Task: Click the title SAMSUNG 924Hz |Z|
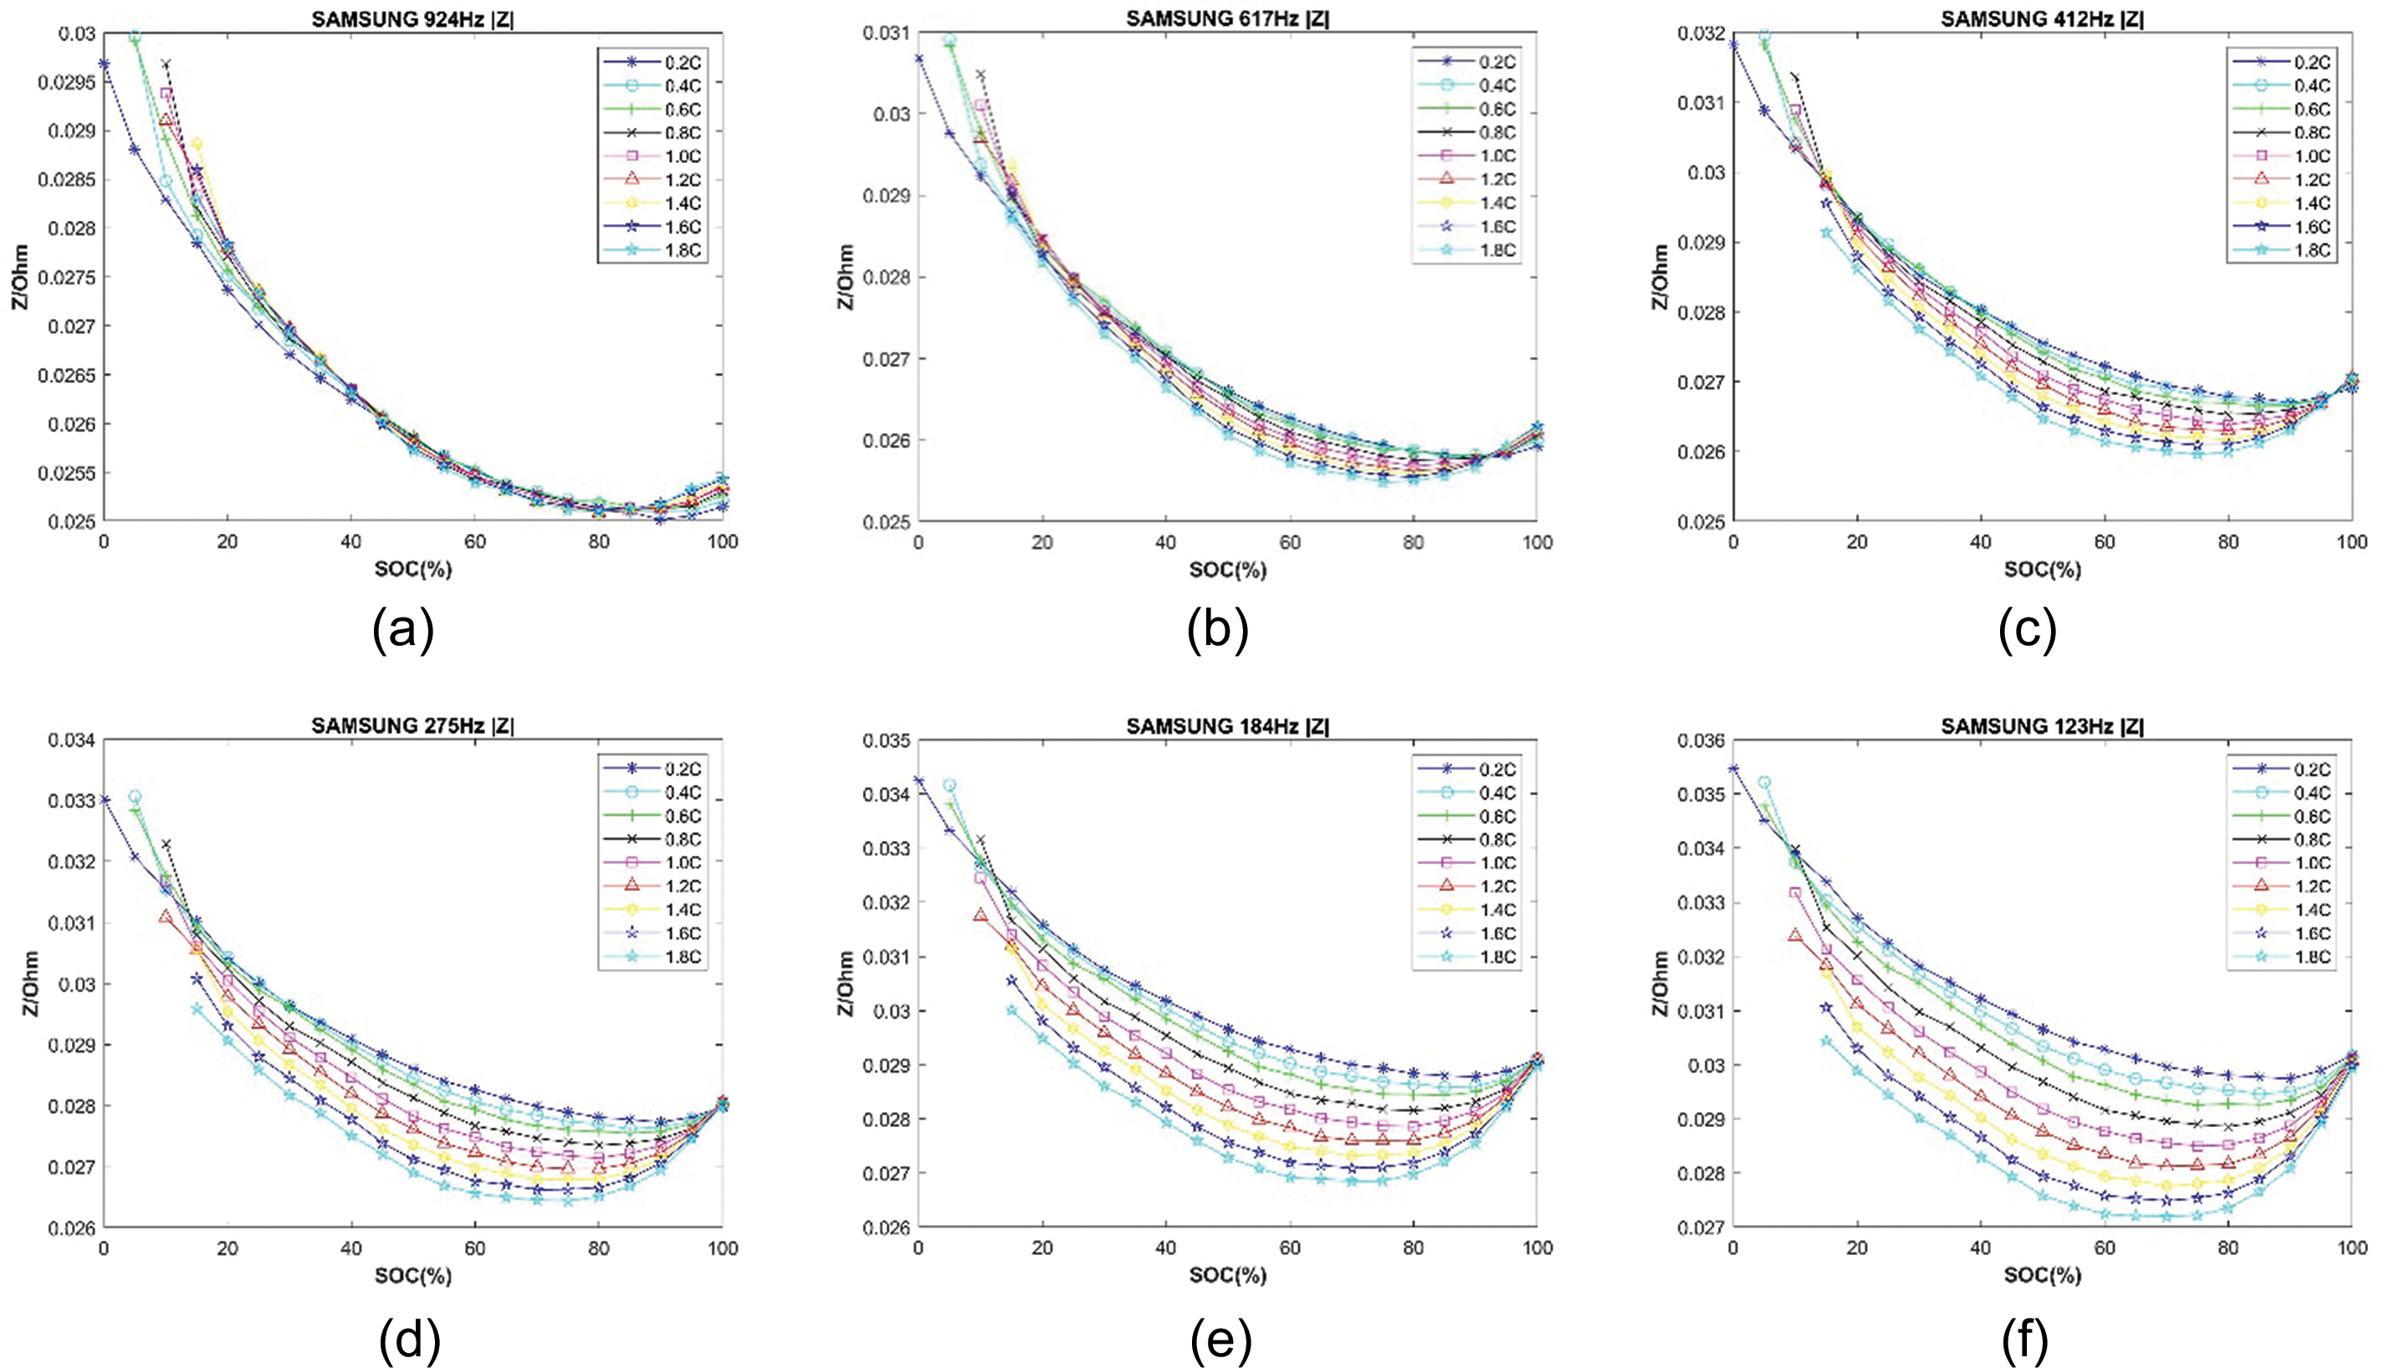click(x=412, y=17)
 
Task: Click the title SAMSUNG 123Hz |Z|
click(x=2041, y=725)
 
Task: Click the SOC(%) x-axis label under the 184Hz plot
click(x=1227, y=1276)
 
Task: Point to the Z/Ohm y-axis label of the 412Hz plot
click(x=1660, y=277)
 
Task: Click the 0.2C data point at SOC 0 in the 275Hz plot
click(x=105, y=801)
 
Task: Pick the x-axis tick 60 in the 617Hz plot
click(x=1289, y=542)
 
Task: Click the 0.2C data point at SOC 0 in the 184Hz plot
click(x=918, y=781)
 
